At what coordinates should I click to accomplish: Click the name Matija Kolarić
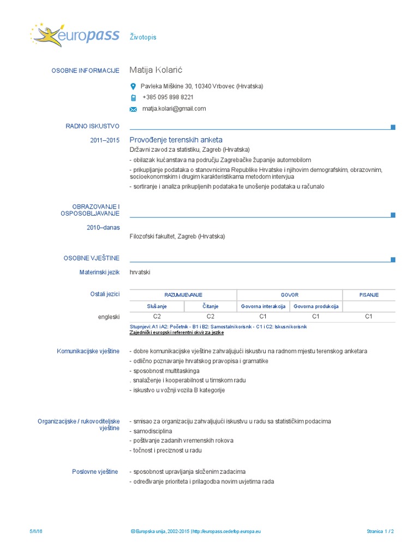157,70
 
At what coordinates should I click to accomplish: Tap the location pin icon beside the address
133,86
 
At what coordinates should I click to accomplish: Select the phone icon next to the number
133,98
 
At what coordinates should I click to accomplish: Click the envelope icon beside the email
133,109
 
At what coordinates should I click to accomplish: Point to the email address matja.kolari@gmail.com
174,109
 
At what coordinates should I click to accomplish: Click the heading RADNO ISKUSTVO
92,127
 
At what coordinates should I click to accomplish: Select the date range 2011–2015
105,140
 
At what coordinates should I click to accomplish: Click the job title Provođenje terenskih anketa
176,140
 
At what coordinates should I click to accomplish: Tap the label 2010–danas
103,227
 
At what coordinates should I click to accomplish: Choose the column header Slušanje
157,306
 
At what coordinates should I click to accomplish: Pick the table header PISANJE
369,295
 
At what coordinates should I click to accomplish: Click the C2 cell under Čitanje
210,316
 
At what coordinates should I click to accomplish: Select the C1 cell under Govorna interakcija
263,316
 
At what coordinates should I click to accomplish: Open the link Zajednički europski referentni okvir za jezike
177,332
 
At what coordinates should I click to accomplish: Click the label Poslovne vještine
95,471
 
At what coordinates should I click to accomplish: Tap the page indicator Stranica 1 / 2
380,531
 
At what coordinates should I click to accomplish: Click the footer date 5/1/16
36,531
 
